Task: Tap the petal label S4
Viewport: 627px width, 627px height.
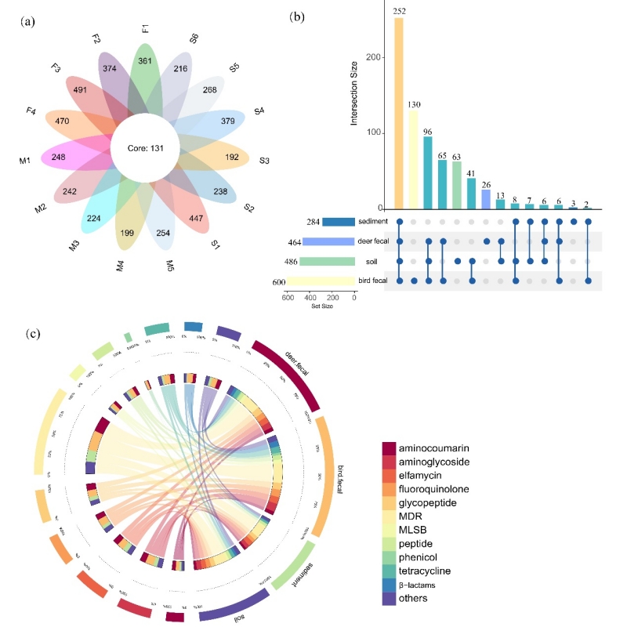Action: point(259,111)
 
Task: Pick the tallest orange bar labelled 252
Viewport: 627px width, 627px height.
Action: point(399,113)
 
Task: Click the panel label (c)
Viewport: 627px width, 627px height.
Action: point(33,333)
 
